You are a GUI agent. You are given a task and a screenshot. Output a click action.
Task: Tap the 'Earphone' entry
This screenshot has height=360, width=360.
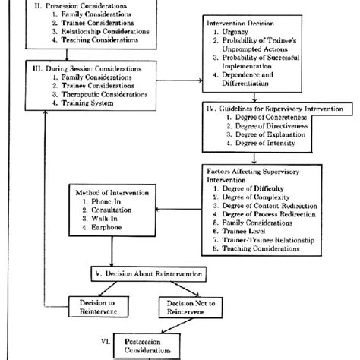pyautogui.click(x=113, y=227)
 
